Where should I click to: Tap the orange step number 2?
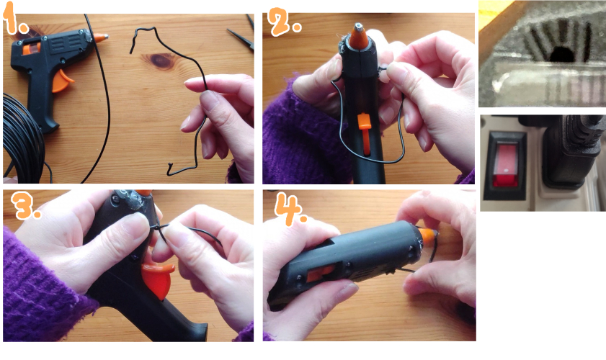pos(284,22)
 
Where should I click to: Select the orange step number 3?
pos(25,206)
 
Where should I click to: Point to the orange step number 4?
pos(290,210)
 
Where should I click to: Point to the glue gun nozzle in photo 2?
pos(359,36)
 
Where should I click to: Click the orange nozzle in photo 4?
pos(427,236)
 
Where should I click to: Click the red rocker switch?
pos(504,166)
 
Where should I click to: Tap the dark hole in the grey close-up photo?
pos(561,55)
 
